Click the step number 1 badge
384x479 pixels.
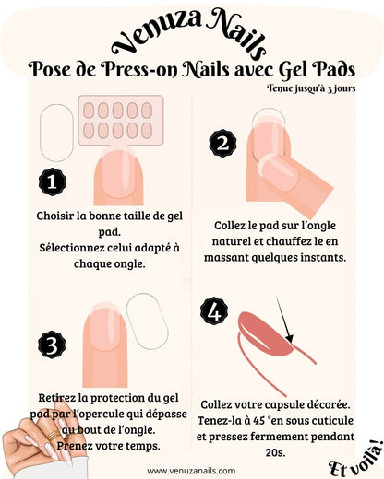[52, 181]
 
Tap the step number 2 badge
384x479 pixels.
[222, 144]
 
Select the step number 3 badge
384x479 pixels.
[52, 345]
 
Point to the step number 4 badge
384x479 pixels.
[214, 312]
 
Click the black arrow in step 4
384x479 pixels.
[284, 320]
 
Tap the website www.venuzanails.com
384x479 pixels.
[191, 471]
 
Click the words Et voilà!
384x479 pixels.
[357, 459]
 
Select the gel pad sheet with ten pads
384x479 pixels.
[121, 120]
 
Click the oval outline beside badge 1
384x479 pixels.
[57, 133]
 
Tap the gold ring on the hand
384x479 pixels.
[54, 435]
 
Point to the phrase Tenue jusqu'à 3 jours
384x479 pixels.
[311, 88]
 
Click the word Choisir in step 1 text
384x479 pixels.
[55, 216]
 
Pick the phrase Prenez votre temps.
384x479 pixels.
[109, 446]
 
